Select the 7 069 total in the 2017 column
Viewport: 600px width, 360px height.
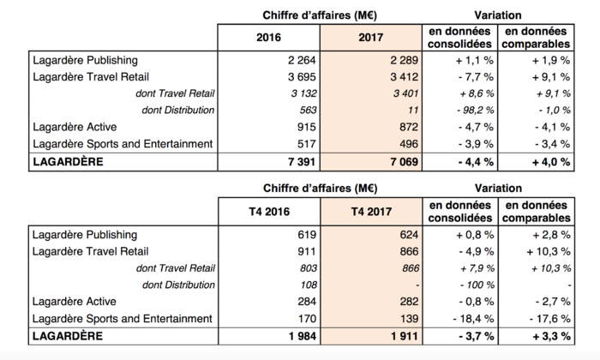click(399, 161)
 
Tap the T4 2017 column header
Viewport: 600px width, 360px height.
click(372, 212)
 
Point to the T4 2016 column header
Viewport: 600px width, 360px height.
click(268, 212)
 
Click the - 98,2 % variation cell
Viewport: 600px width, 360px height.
click(470, 110)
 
